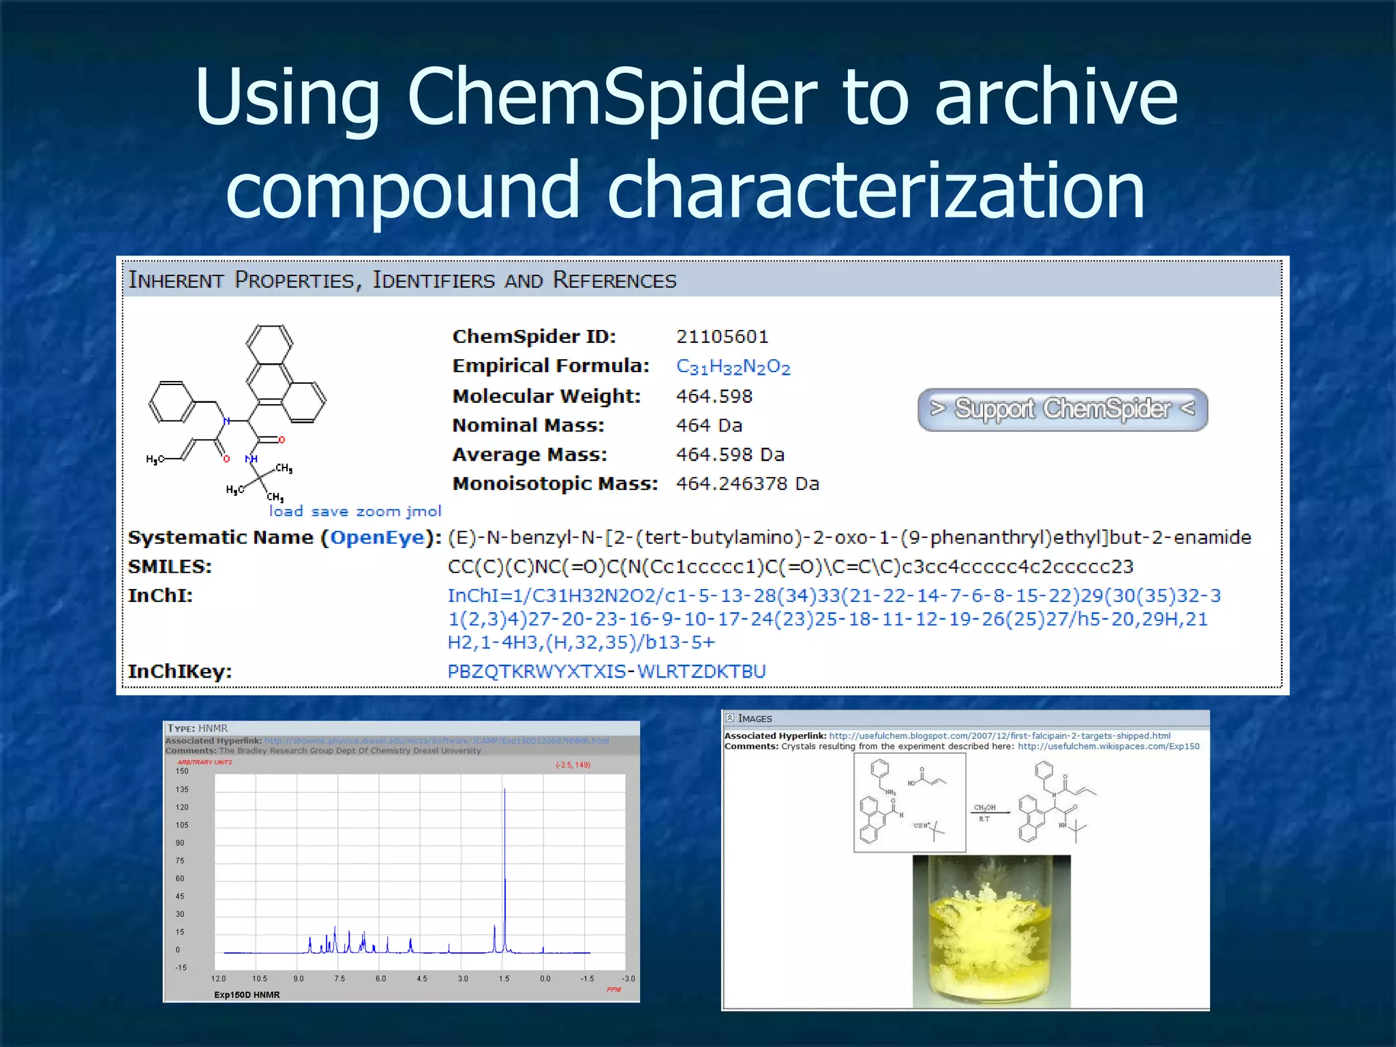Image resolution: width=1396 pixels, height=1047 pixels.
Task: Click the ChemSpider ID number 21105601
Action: tap(722, 337)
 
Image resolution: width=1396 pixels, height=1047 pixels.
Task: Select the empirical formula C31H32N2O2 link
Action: tap(733, 367)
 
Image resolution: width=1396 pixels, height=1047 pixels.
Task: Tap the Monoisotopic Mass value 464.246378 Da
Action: tap(747, 484)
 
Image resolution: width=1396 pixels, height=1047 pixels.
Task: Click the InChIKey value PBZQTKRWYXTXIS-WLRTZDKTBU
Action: tap(607, 671)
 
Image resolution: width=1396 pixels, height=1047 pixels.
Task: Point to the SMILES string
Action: tap(790, 566)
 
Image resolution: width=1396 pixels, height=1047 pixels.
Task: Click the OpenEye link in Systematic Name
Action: tap(378, 538)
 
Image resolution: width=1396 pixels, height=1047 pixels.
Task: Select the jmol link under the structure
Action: tap(424, 511)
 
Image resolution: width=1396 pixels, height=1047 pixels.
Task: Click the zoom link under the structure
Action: tap(378, 511)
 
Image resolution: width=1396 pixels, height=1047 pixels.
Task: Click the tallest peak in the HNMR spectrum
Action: tap(504, 791)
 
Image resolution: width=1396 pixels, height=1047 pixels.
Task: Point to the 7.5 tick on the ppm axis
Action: tap(339, 979)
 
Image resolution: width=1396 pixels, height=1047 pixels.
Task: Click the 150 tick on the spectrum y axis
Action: tap(182, 771)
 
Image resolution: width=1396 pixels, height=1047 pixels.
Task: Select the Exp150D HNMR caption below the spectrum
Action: tap(247, 995)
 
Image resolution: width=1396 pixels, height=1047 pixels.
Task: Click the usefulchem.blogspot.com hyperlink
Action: tap(999, 736)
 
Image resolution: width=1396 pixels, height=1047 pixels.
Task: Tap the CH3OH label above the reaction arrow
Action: tap(984, 808)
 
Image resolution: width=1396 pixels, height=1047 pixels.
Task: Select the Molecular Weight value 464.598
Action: tap(714, 396)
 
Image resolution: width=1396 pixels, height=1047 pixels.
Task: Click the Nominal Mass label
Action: tap(528, 425)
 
